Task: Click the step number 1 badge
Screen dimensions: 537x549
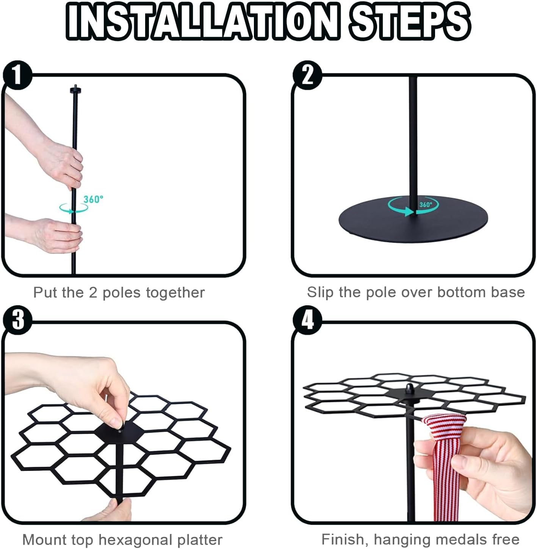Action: coord(17,75)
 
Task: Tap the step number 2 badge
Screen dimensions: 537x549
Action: coord(307,75)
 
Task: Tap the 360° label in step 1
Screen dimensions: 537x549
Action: coord(93,199)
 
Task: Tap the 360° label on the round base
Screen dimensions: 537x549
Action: coord(425,205)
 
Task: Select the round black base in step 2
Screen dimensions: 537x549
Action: coord(413,219)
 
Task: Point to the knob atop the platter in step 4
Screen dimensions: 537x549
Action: coord(410,389)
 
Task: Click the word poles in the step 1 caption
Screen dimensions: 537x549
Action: coord(121,293)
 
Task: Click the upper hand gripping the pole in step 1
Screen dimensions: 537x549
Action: coord(61,164)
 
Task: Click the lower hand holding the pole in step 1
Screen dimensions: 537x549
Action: coord(56,236)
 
